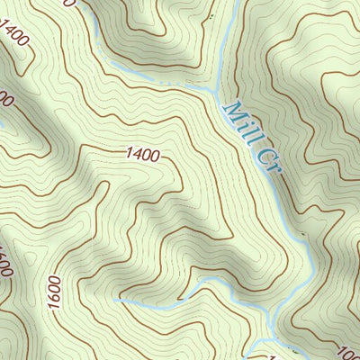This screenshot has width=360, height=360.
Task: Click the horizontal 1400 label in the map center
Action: [x=143, y=156]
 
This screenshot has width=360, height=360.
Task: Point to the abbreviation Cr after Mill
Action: [x=263, y=160]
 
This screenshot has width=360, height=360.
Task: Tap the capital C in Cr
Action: [x=259, y=154]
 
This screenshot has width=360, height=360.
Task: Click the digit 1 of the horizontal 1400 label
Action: [x=130, y=155]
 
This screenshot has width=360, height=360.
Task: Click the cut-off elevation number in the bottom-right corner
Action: [x=349, y=351]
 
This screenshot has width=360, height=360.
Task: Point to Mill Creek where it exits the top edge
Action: [x=236, y=3]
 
